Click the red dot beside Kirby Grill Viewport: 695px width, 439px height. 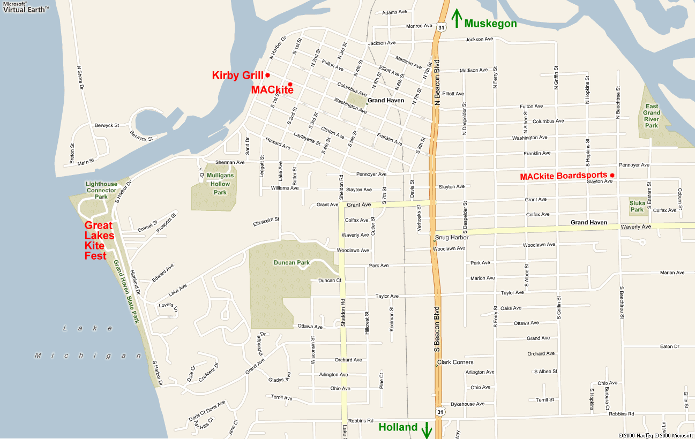[267, 75]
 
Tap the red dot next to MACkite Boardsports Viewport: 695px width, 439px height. [612, 176]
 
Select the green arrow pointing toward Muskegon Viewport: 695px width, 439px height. [457, 18]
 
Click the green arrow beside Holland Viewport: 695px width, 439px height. [427, 429]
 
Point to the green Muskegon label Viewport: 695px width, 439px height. [490, 24]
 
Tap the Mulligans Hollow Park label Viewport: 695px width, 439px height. [220, 184]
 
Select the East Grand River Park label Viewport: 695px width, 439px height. [652, 116]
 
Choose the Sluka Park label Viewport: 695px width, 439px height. [637, 206]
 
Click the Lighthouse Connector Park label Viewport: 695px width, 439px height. [101, 190]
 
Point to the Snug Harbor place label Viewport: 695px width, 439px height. [452, 237]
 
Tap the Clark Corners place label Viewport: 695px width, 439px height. [455, 362]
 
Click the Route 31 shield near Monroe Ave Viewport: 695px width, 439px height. [440, 26]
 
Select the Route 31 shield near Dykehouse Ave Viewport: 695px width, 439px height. [439, 412]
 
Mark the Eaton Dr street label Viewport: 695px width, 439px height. [669, 346]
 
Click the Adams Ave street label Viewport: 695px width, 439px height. [394, 12]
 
